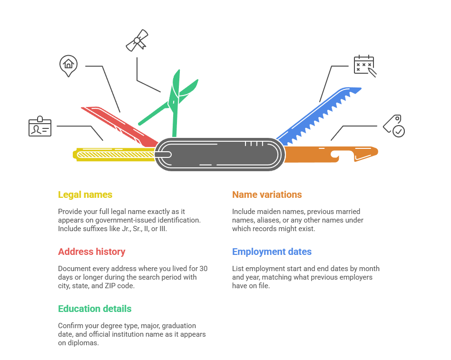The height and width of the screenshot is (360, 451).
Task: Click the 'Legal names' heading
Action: [85, 195]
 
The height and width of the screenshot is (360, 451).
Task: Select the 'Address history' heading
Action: [92, 252]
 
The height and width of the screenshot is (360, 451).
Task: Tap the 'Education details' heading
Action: [95, 309]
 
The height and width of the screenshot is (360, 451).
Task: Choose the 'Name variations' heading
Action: [267, 195]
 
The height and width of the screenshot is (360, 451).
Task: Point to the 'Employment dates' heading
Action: [272, 252]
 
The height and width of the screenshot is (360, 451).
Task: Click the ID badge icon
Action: [40, 126]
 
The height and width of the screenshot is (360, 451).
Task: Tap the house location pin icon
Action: [69, 65]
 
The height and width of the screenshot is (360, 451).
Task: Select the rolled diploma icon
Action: [137, 40]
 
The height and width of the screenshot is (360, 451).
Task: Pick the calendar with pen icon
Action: [364, 66]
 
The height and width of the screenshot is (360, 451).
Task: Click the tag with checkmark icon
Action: [394, 126]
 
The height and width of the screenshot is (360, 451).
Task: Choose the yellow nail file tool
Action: [114, 154]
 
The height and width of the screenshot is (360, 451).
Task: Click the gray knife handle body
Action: [219, 154]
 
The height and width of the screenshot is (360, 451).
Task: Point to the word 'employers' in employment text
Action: [356, 277]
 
